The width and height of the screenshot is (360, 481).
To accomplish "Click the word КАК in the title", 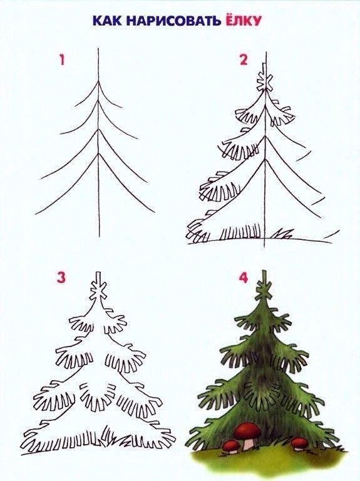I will click(107, 20).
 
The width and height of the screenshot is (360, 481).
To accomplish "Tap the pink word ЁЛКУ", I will click(240, 20).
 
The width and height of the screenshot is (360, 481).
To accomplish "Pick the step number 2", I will click(243, 60).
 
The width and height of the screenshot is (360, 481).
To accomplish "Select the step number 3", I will click(61, 277).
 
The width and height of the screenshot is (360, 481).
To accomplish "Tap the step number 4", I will click(244, 277).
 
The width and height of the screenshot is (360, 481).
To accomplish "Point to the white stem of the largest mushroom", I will click(249, 442).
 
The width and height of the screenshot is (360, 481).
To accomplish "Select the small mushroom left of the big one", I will click(231, 446).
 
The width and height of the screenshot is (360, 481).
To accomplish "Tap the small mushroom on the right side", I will click(300, 443).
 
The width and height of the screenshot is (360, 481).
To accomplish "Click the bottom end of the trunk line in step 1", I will click(98, 236).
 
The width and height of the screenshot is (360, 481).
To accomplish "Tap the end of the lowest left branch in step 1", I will click(36, 214).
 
